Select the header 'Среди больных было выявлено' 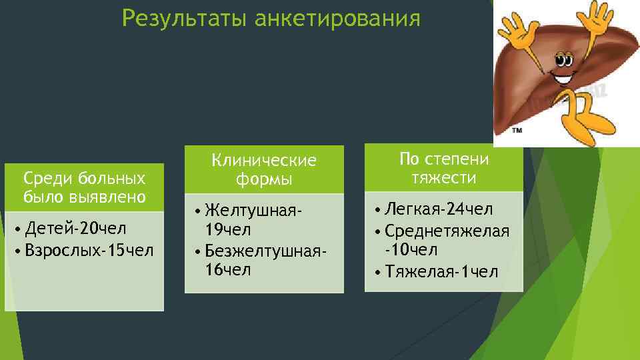(x=84, y=188)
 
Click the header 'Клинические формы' (x=264, y=170)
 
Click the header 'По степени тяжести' (x=444, y=169)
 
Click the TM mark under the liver (x=517, y=131)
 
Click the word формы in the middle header (x=264, y=180)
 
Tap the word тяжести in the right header (x=444, y=178)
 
